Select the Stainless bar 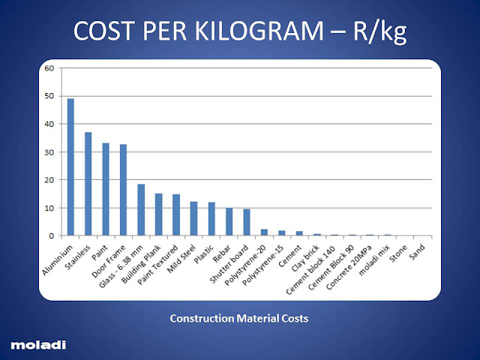click(x=88, y=184)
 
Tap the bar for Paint click(x=106, y=189)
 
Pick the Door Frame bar click(x=123, y=190)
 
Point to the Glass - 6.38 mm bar click(x=141, y=210)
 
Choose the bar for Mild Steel click(x=193, y=218)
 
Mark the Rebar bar click(x=229, y=222)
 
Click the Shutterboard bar click(x=246, y=223)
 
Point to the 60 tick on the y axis click(x=49, y=68)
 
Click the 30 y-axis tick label click(x=49, y=152)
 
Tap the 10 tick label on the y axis click(x=49, y=208)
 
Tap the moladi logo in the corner click(x=37, y=344)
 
